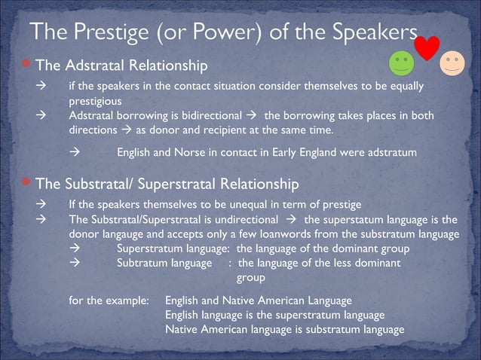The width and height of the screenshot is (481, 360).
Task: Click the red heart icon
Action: click(x=427, y=47)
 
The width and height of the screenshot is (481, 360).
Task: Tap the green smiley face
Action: click(x=402, y=64)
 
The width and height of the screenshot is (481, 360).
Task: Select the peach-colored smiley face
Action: click(x=452, y=63)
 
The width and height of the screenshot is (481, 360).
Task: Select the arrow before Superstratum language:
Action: click(x=74, y=249)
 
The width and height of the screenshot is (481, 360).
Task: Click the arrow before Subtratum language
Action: click(x=74, y=263)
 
